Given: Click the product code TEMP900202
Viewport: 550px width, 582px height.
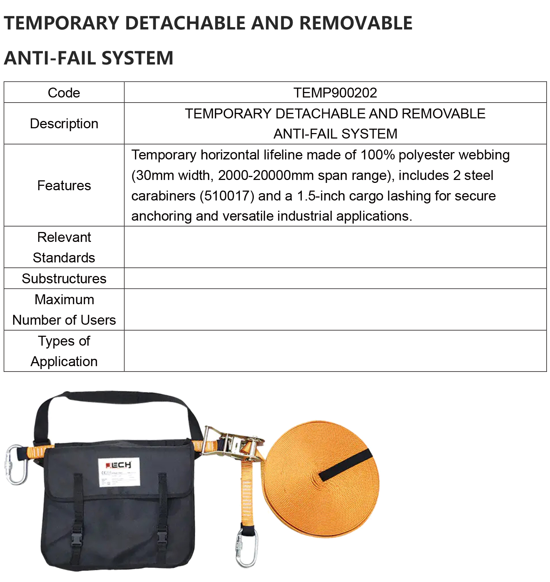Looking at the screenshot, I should pyautogui.click(x=335, y=93).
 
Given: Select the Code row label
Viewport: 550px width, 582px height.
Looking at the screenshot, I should pyautogui.click(x=64, y=93).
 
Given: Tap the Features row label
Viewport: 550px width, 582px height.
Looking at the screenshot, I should pyautogui.click(x=64, y=185).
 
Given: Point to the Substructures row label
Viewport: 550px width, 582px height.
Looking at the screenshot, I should pyautogui.click(x=64, y=279).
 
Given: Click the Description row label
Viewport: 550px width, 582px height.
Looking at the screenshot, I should pyautogui.click(x=64, y=124).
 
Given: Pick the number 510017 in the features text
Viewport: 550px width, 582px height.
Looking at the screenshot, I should pyautogui.click(x=227, y=196).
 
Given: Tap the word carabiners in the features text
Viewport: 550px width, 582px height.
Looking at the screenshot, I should pyautogui.click(x=163, y=196).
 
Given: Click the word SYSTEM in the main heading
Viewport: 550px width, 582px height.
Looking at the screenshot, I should pyautogui.click(x=137, y=58).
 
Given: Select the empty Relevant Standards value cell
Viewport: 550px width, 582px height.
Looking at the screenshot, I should pyautogui.click(x=335, y=247).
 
